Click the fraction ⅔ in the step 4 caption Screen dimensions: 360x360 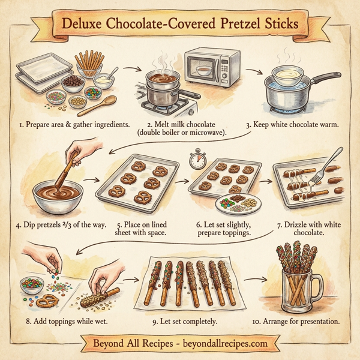click(x=76, y=225)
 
